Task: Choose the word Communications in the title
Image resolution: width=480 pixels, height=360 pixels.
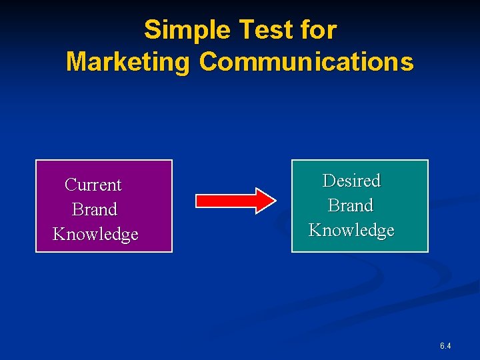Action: (306, 62)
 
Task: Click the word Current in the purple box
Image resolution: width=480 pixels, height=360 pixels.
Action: (93, 185)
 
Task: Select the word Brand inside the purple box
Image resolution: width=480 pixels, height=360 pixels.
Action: (94, 209)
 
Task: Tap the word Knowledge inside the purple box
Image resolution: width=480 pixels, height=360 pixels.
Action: (95, 235)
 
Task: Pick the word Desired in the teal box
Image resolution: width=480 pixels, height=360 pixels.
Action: (351, 181)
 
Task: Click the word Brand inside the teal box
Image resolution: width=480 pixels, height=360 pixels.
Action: (351, 205)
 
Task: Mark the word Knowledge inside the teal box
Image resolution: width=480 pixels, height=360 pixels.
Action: (351, 231)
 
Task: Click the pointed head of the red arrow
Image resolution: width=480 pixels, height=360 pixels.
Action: (266, 200)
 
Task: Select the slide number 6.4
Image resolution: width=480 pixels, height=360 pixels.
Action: (445, 346)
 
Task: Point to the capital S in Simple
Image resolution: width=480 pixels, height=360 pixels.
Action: (153, 30)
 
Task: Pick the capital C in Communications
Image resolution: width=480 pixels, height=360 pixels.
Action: (208, 62)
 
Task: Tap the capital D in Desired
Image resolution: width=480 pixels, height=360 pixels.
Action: (329, 181)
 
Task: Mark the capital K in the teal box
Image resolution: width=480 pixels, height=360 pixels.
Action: (315, 231)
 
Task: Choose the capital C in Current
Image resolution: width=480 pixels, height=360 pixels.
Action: (70, 185)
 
